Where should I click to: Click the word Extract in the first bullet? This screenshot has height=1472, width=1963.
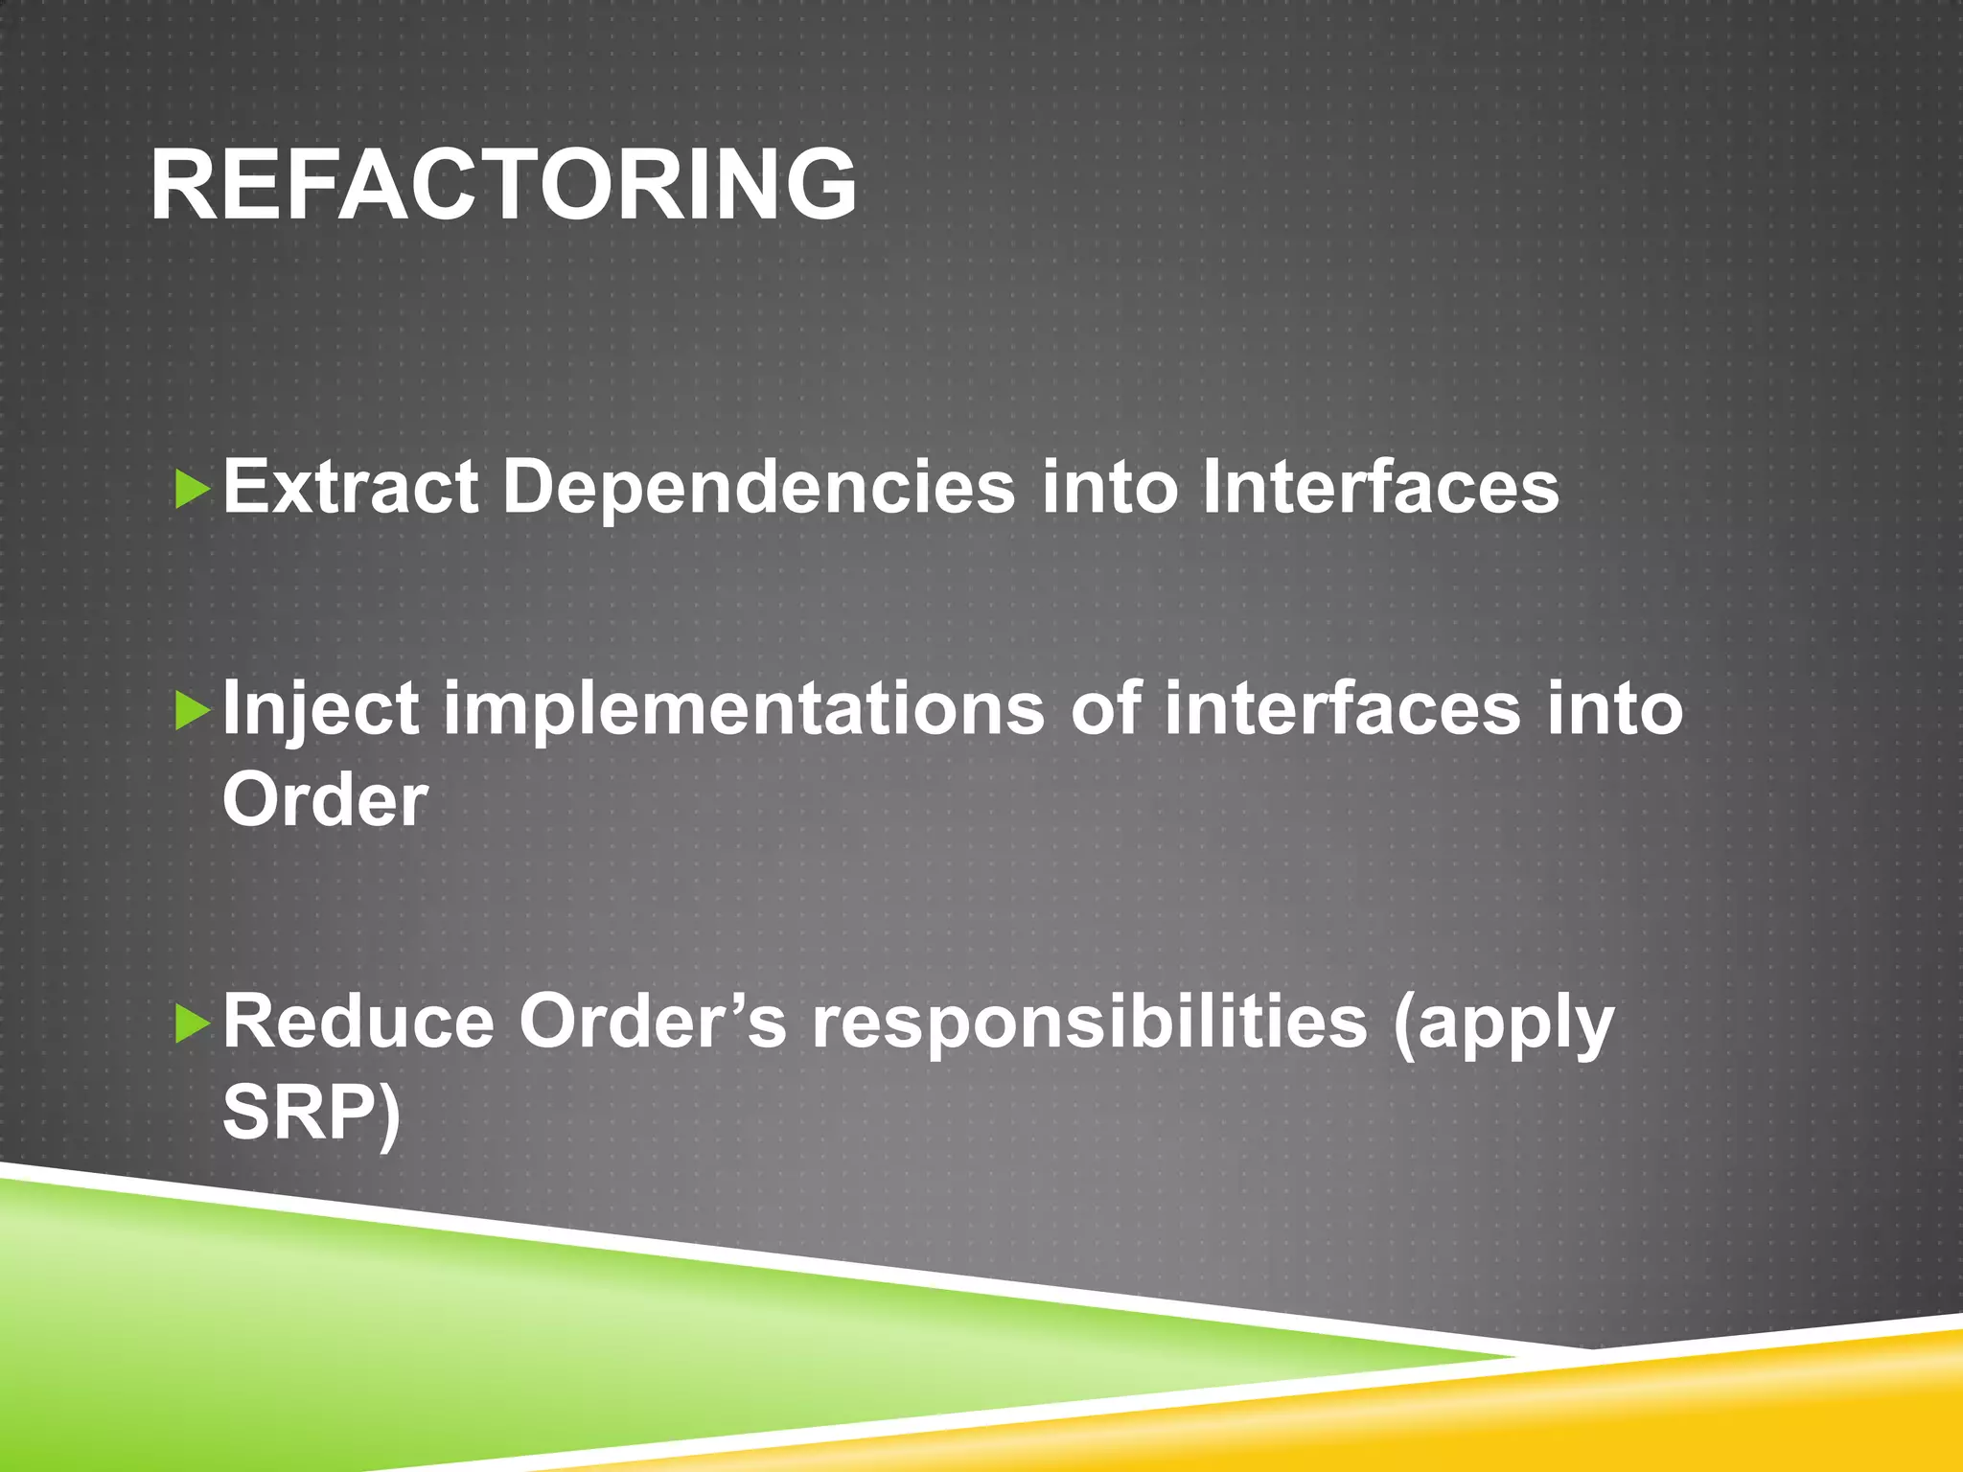(x=350, y=487)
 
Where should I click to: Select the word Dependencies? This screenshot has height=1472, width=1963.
(x=758, y=487)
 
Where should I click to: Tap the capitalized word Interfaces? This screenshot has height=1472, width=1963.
(x=1380, y=487)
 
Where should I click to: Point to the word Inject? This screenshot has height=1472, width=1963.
(x=320, y=709)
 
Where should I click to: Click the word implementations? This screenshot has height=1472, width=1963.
(x=744, y=709)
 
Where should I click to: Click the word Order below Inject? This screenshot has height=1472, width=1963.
(x=325, y=799)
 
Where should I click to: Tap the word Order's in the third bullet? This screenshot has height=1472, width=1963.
(x=652, y=1022)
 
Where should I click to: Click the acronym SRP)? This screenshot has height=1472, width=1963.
(x=311, y=1114)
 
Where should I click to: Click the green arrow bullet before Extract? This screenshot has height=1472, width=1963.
(x=193, y=490)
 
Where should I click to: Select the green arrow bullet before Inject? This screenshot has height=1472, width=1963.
(x=193, y=712)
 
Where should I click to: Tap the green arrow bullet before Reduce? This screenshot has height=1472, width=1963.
(x=193, y=1024)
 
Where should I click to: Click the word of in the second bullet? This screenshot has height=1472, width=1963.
(x=1105, y=709)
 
